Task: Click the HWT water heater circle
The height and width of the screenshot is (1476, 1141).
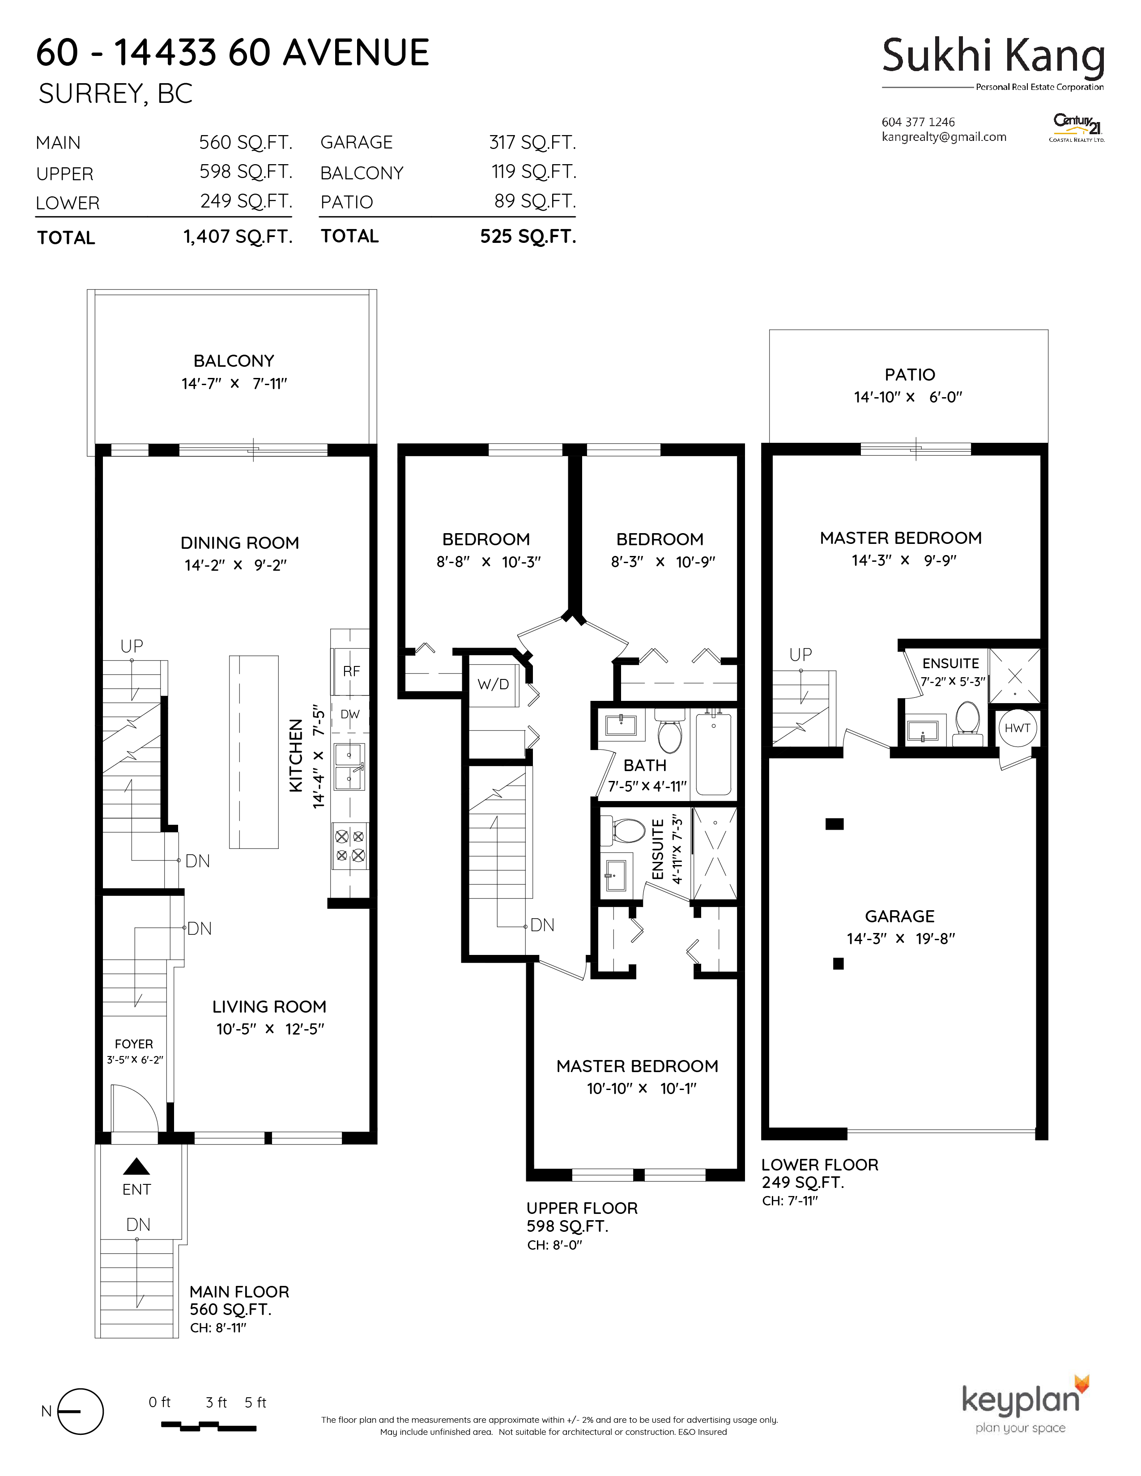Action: click(x=1017, y=728)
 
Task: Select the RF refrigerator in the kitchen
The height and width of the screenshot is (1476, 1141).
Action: click(x=350, y=671)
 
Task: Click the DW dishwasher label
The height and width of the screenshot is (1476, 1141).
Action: click(x=350, y=714)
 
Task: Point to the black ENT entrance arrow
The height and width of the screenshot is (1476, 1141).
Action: click(x=136, y=1166)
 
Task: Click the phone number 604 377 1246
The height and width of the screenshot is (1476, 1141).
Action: click(x=918, y=122)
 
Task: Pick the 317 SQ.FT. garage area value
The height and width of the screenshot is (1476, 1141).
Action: click(x=532, y=143)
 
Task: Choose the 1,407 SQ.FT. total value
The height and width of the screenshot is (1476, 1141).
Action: click(x=238, y=237)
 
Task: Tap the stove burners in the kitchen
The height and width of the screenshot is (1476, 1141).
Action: click(x=350, y=846)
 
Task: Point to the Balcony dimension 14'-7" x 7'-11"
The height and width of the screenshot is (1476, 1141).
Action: click(x=234, y=383)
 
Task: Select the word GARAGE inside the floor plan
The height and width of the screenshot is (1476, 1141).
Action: click(x=900, y=916)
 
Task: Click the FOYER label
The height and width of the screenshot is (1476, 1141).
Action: click(x=134, y=1044)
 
